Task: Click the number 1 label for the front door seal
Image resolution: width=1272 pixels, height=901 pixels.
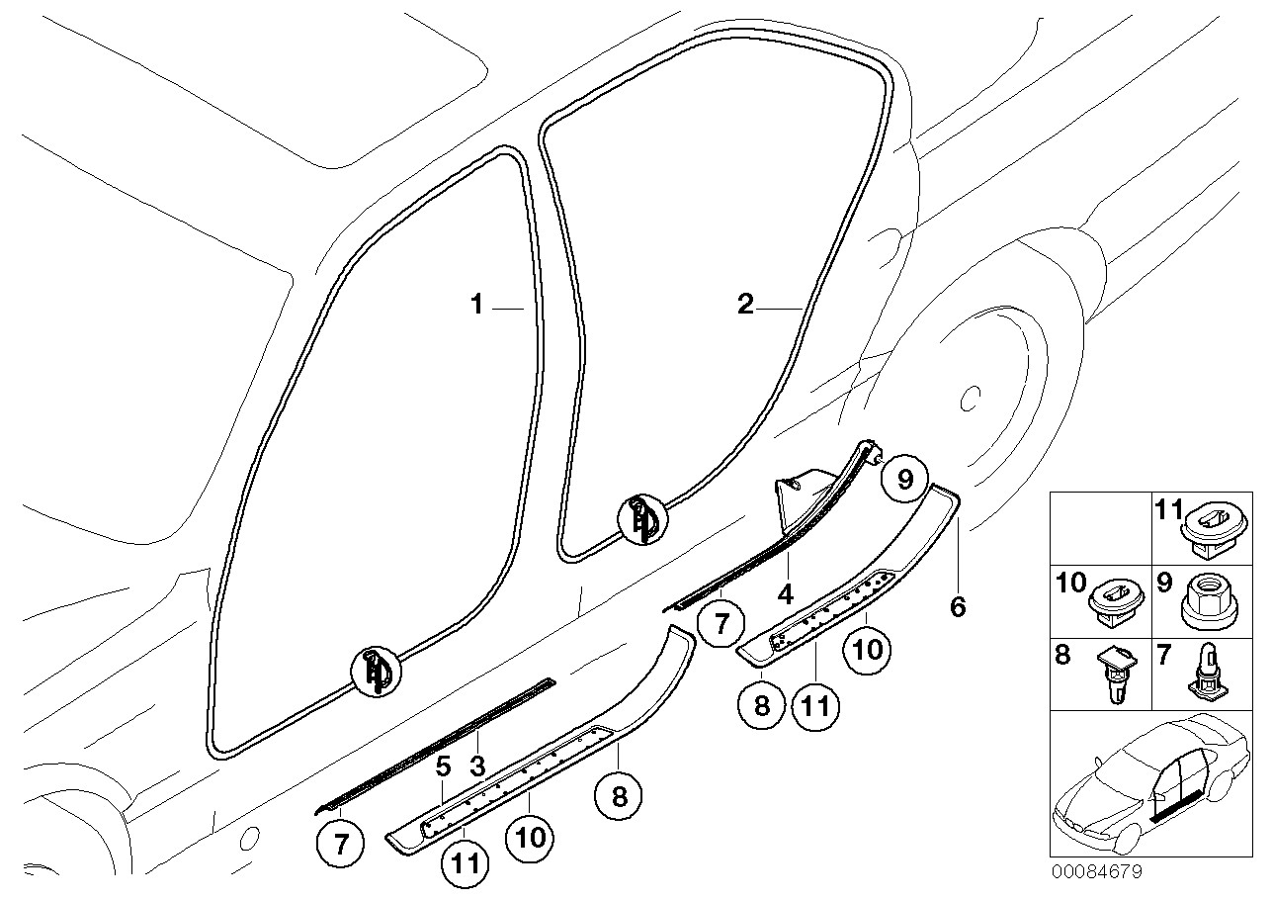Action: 477,305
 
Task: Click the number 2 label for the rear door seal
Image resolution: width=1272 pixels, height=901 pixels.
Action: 745,305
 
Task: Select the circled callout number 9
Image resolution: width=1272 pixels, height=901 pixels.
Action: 902,480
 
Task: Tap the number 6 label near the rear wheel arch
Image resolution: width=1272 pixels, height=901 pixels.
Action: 958,606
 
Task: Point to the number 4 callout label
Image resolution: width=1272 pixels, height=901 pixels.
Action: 786,595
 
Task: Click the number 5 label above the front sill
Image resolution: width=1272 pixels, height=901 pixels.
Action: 444,765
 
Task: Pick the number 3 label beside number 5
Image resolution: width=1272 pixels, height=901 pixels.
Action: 476,765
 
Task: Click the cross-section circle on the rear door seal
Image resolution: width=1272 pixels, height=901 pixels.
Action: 642,518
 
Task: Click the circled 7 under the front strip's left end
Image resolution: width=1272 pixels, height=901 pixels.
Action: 341,844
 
